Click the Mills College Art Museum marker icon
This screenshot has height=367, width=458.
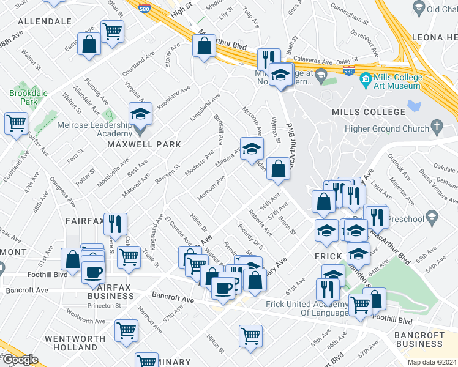(x=365, y=79)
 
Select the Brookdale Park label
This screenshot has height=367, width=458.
(x=23, y=98)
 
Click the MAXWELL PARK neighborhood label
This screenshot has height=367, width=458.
(x=144, y=144)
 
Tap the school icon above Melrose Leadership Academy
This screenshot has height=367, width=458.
(x=140, y=114)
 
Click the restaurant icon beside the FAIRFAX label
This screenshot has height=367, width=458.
(x=115, y=223)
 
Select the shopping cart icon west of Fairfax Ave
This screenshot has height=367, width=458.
(x=16, y=122)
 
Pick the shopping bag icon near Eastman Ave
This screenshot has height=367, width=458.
(x=89, y=44)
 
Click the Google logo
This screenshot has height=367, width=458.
(x=20, y=360)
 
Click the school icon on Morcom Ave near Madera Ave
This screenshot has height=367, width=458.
(x=251, y=149)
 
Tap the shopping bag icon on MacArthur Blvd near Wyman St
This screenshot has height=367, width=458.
(x=278, y=169)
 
